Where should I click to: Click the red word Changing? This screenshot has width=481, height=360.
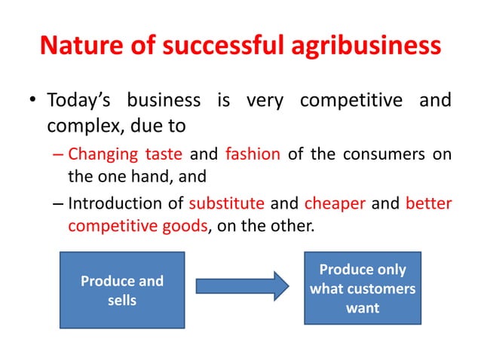pyautogui.click(x=101, y=156)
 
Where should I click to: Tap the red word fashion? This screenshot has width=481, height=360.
pyautogui.click(x=253, y=155)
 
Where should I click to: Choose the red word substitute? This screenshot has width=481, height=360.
pyautogui.click(x=226, y=203)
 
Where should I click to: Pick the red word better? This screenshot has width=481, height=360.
pyautogui.click(x=428, y=203)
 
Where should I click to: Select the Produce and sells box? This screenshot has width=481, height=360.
pyautogui.click(x=122, y=291)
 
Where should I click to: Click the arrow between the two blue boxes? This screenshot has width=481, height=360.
pyautogui.click(x=242, y=286)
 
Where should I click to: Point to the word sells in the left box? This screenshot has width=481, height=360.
pyautogui.click(x=122, y=301)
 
